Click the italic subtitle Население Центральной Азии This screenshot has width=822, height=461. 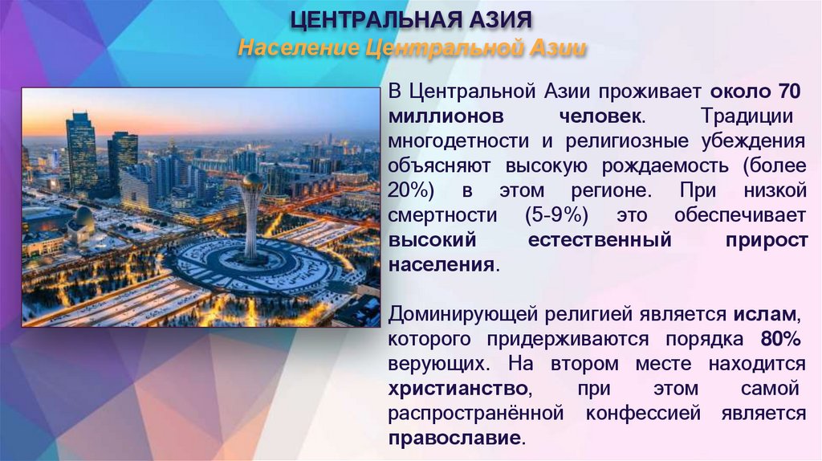(411, 49)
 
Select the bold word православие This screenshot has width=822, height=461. (455, 439)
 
